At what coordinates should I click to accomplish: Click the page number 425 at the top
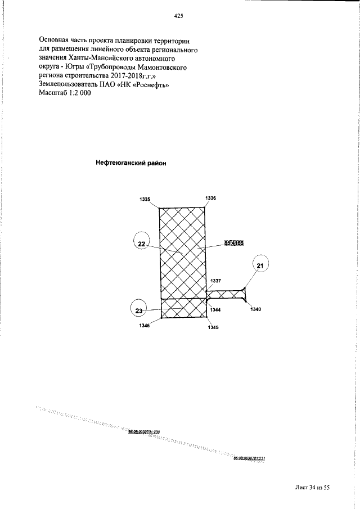(x=179, y=17)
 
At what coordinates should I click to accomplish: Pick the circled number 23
(x=139, y=310)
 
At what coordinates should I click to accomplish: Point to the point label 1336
(x=211, y=198)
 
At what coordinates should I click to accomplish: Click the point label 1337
(x=216, y=280)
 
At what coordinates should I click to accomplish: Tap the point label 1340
(x=256, y=309)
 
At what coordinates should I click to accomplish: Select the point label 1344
(x=215, y=310)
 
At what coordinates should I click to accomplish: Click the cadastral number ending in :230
(x=145, y=432)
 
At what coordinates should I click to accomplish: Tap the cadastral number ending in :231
(x=249, y=458)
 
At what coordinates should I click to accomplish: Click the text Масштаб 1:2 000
(x=65, y=93)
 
